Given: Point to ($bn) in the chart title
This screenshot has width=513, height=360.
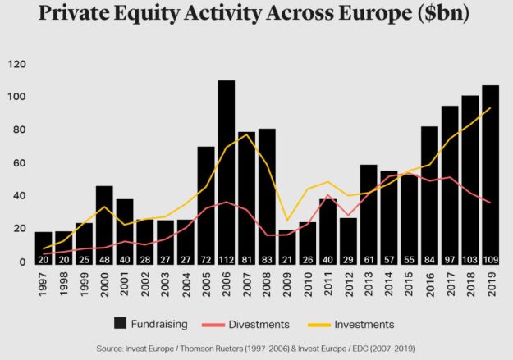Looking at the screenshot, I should click(441, 17).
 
